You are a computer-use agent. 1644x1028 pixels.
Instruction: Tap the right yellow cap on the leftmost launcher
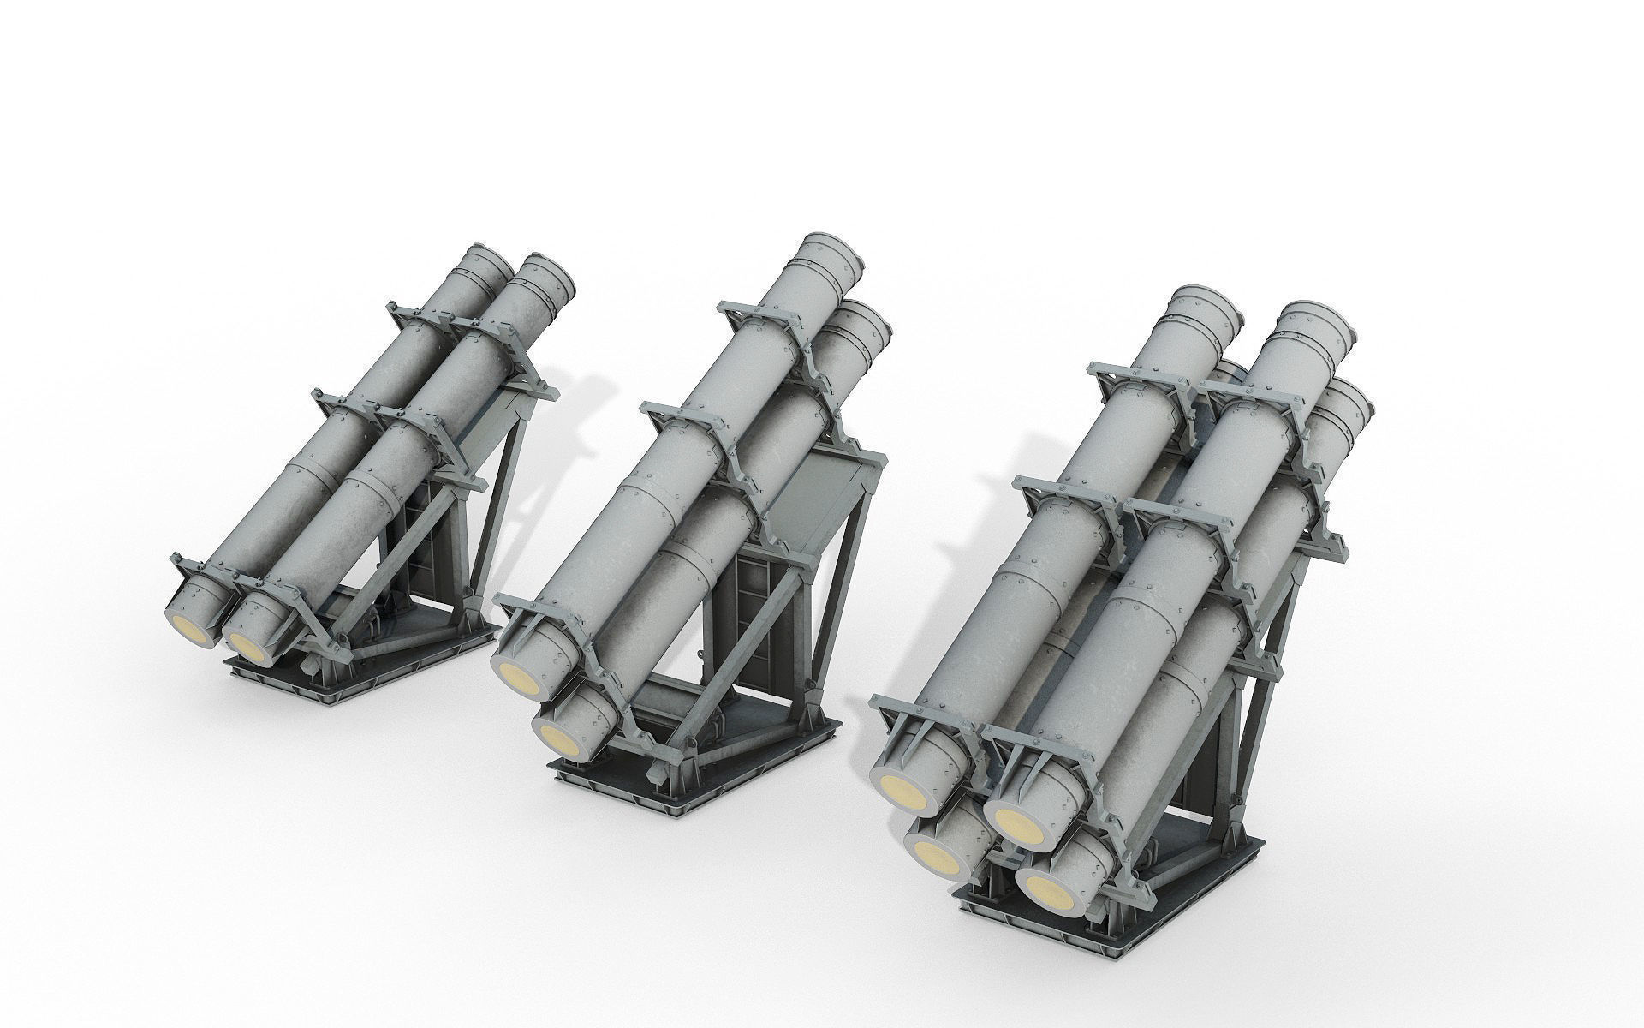tap(247, 647)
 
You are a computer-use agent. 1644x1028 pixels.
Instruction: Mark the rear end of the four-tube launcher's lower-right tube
tap(1353, 403)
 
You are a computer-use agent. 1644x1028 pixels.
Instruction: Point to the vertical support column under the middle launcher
tap(753, 617)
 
